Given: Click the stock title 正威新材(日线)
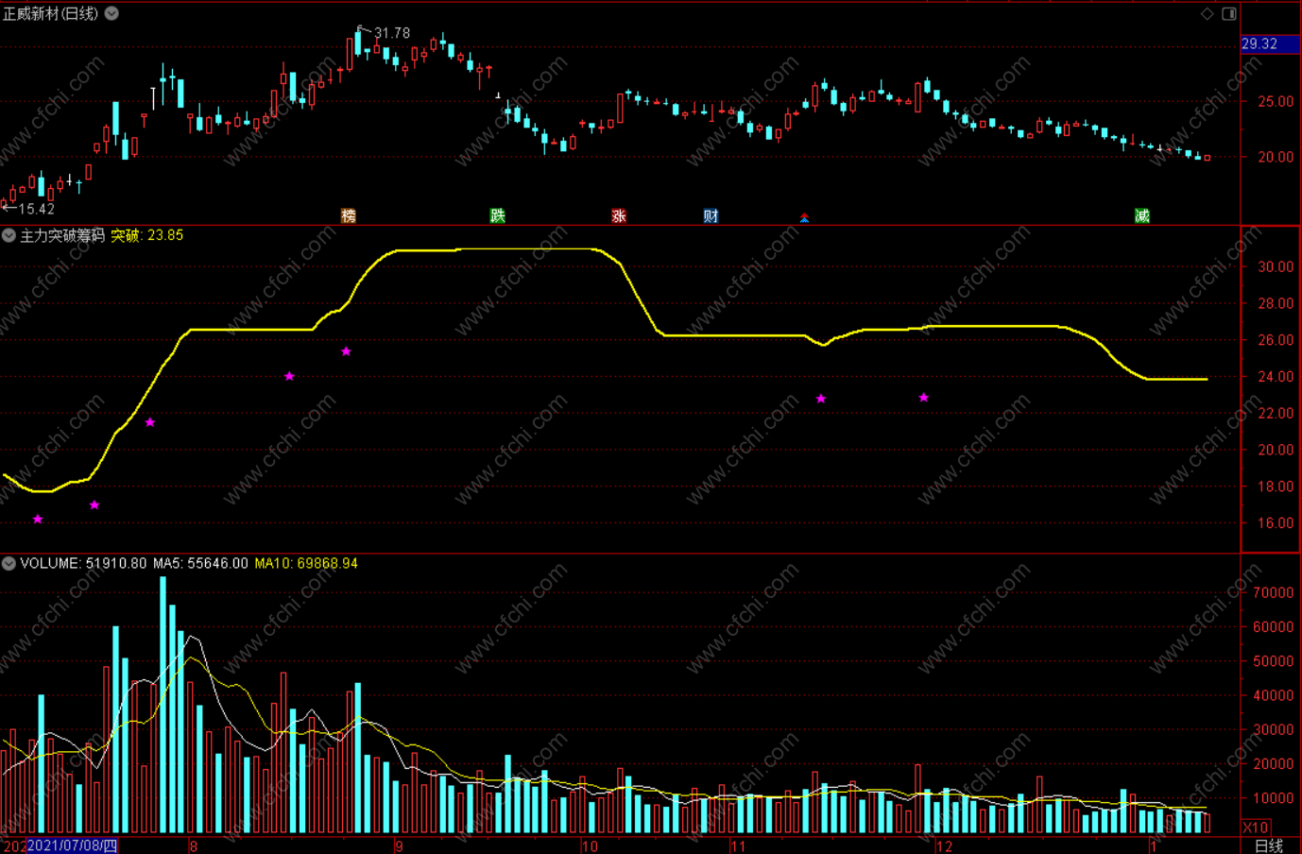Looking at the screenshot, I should pos(51,13).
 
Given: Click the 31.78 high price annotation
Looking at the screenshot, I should pos(391,33).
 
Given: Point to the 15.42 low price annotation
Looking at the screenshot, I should pos(36,209).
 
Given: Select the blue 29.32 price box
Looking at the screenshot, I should pos(1259,43).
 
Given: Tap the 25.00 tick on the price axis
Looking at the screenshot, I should pos(1276,101).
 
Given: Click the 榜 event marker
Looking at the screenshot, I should pos(349,216).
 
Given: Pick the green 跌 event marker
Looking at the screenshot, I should pos(498,216).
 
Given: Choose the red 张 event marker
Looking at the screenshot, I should pos(619,216).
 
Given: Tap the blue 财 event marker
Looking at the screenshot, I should pos(711,216).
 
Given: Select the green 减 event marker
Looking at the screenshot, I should pos(1142,216).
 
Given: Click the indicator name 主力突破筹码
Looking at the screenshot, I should pos(62,235).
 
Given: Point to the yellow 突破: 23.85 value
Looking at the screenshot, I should pos(147,235).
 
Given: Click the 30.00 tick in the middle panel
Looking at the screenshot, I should pos(1276,266).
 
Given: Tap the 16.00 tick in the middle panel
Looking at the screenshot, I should pos(1276,522).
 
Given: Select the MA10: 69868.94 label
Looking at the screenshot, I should pos(306,563).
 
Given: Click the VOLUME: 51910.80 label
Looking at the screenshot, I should pos(83,563).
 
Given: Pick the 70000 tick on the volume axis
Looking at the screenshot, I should pos(1273,592).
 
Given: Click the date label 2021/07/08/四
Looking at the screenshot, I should pos(72,845).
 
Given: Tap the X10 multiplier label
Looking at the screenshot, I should pos(1256,828).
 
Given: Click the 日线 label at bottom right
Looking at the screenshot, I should pos(1268,845).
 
